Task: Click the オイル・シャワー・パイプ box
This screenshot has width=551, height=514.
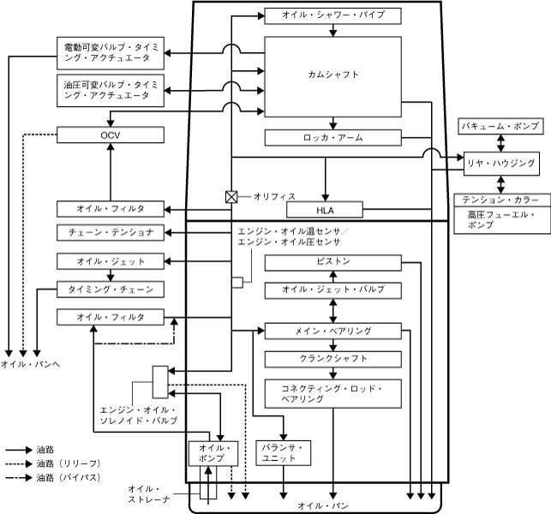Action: point(332,15)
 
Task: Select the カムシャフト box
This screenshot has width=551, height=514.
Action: point(332,77)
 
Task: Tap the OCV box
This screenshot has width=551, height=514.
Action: point(111,134)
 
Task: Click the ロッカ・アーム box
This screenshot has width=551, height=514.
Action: point(332,138)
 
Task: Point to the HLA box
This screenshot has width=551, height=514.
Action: point(325,210)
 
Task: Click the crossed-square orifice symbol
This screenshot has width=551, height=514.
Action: point(231,197)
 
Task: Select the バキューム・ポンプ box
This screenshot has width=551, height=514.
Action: point(500,126)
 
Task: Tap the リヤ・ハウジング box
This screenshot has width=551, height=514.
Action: point(501,164)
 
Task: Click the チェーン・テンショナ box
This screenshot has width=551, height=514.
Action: point(111,232)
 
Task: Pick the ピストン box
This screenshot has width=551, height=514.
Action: point(332,263)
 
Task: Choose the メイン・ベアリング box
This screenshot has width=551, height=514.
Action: point(332,332)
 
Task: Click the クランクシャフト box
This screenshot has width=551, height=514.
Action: point(332,359)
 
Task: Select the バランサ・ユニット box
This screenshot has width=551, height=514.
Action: point(284,453)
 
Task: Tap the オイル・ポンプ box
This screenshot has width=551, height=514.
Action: point(213,453)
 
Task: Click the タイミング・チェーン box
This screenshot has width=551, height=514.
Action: point(111,290)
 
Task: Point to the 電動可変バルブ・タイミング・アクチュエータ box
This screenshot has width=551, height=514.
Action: point(111,53)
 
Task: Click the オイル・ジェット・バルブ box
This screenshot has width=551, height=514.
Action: point(332,290)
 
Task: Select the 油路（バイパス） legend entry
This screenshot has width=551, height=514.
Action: point(53,478)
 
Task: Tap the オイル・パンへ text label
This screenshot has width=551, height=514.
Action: point(30,364)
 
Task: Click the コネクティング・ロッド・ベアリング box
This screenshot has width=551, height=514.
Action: point(332,393)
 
